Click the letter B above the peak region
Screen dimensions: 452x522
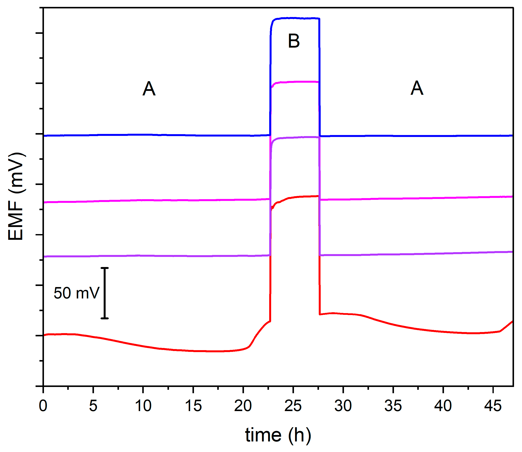pyautogui.click(x=294, y=41)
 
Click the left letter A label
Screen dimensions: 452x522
pyautogui.click(x=149, y=89)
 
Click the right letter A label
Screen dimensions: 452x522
pyautogui.click(x=417, y=88)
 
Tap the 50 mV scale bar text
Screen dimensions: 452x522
pyautogui.click(x=77, y=293)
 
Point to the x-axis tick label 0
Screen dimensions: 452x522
pyautogui.click(x=43, y=406)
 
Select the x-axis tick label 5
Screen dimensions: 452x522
pyautogui.click(x=93, y=406)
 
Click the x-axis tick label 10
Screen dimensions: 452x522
pyautogui.click(x=143, y=406)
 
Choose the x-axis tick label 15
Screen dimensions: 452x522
pyautogui.click(x=193, y=406)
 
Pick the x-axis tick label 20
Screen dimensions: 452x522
pyautogui.click(x=243, y=406)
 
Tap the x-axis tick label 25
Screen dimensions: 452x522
pyautogui.click(x=293, y=406)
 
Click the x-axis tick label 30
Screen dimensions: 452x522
pyautogui.click(x=343, y=406)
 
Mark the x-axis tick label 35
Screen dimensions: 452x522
pyautogui.click(x=393, y=406)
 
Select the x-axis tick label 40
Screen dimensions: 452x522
pyautogui.click(x=443, y=406)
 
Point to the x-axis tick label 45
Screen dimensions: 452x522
pyautogui.click(x=493, y=406)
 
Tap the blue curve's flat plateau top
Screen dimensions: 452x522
pyautogui.click(x=295, y=18)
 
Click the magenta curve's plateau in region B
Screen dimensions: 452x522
pyautogui.click(x=295, y=82)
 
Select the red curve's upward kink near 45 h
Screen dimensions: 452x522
pyautogui.click(x=500, y=331)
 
